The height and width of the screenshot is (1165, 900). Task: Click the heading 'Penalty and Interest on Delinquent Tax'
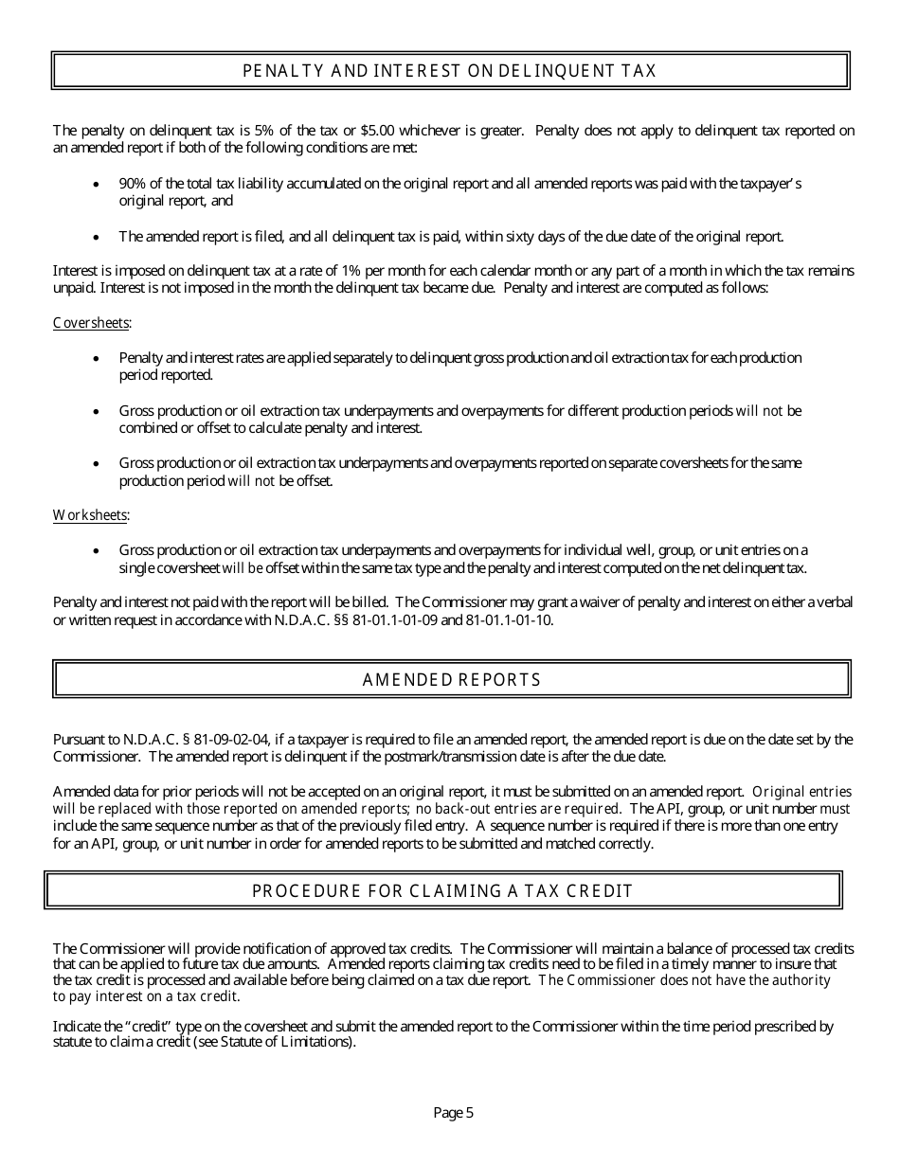(450, 71)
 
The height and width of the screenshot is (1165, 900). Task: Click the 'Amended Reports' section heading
(452, 680)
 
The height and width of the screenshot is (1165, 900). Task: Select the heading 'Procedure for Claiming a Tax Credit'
(442, 891)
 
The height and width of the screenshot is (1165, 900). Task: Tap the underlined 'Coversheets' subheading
(91, 323)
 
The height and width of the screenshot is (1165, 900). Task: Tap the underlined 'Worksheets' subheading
(90, 515)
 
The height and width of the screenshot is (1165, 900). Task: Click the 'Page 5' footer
(453, 1114)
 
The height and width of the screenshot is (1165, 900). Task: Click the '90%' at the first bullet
(132, 184)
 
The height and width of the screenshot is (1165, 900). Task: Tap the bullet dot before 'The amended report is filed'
(97, 237)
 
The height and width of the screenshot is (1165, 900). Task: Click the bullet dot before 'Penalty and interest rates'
(97, 358)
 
